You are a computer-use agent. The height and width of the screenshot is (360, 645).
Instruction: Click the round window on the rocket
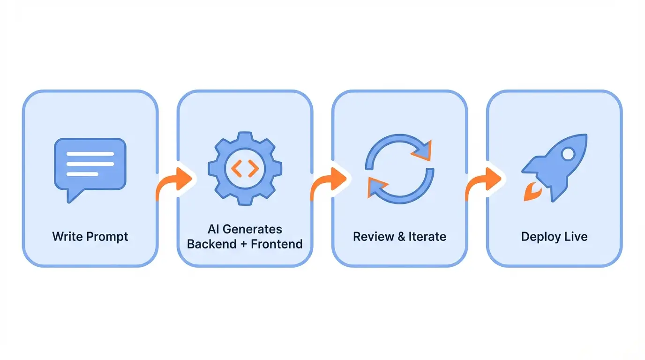[568, 153]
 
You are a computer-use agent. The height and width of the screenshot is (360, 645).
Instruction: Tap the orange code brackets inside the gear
[245, 168]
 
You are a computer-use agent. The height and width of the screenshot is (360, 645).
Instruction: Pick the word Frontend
[277, 244]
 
